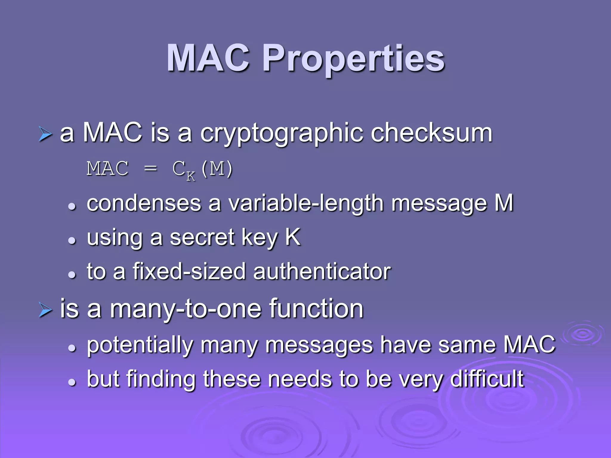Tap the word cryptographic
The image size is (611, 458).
point(282,133)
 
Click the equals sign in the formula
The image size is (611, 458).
point(150,169)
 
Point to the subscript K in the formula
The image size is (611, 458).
point(191,176)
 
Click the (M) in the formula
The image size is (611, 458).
point(217,169)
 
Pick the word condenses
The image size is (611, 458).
point(144,203)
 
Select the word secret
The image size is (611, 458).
point(202,238)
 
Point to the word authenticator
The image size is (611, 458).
point(322,271)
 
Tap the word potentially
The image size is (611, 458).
point(140,345)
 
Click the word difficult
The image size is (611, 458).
point(487,379)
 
